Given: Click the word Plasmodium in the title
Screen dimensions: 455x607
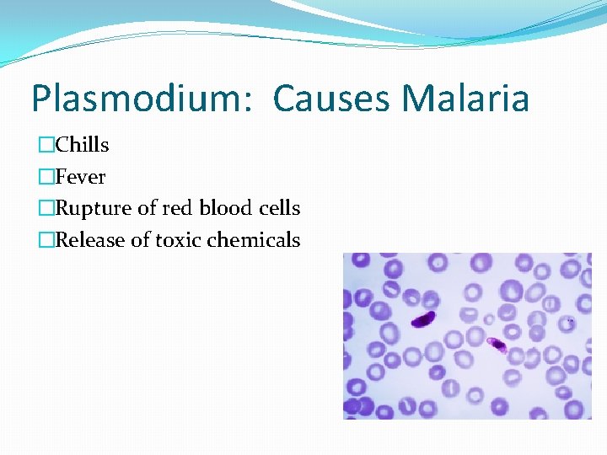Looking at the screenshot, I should (x=137, y=99).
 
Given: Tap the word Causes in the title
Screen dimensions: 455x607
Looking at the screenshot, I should (x=331, y=99).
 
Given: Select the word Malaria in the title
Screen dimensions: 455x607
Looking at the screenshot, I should (x=465, y=99).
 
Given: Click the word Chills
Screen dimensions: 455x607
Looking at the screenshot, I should (x=82, y=145).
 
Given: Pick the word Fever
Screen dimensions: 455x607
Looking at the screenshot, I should (x=80, y=177).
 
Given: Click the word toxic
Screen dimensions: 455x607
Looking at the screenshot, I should (x=178, y=240).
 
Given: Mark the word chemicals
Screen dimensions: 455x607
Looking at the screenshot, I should (x=254, y=240).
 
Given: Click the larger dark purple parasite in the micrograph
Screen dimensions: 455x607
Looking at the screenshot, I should (x=423, y=319).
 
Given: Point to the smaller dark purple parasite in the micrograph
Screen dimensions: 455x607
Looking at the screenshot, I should (x=496, y=343).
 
